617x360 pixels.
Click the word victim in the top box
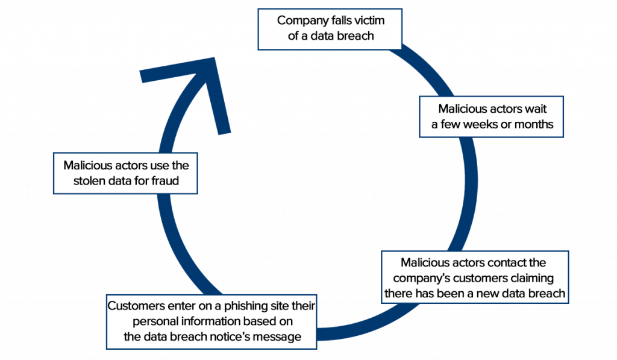[x=368, y=21]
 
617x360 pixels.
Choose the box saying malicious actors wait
[x=492, y=116]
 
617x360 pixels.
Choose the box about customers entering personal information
[x=211, y=321]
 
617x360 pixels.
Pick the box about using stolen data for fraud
[x=125, y=172]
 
